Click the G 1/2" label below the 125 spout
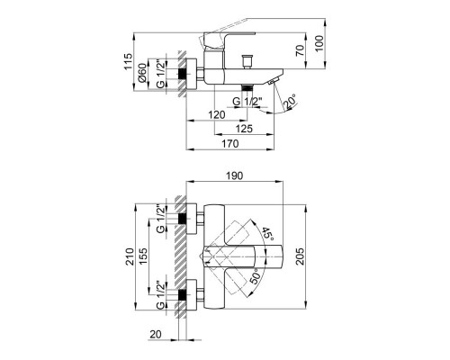[237, 103]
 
